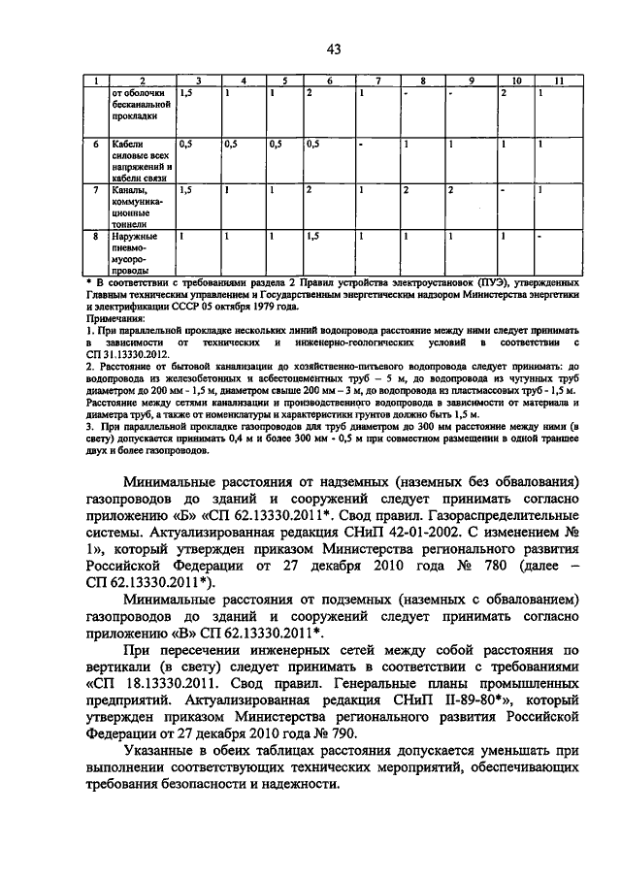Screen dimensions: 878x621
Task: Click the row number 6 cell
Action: click(x=96, y=144)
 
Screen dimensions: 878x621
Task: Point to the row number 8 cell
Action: click(x=96, y=236)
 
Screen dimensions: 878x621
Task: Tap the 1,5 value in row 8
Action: click(x=313, y=236)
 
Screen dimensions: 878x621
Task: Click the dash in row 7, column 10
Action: click(x=503, y=191)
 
